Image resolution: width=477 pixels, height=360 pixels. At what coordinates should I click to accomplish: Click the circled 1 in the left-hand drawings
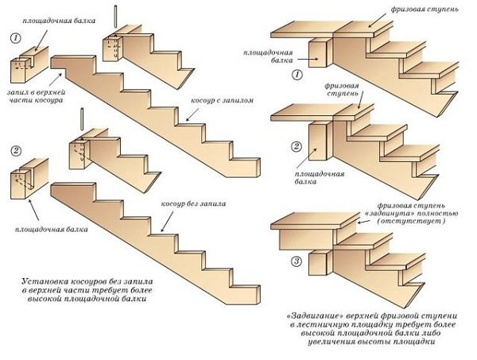[x=15, y=38]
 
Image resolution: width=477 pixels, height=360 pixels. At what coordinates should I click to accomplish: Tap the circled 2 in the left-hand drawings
[x=16, y=150]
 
